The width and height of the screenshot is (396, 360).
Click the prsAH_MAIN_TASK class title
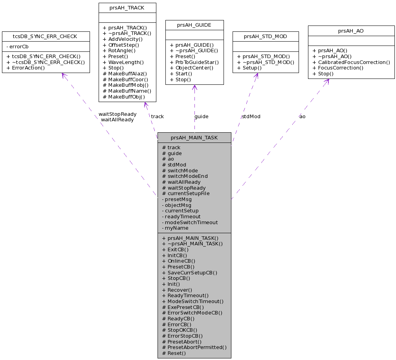pyautogui.click(x=194, y=138)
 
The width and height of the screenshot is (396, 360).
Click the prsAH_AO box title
pyautogui.click(x=351, y=30)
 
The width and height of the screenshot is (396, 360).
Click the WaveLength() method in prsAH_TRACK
pyautogui.click(x=123, y=62)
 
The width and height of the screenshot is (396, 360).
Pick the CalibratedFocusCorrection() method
pyautogui.click(x=351, y=62)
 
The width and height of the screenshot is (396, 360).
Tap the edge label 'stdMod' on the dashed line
pyautogui.click(x=251, y=116)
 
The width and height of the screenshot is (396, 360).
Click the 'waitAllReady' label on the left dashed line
pyautogui.click(x=117, y=119)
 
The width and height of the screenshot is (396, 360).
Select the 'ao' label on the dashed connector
pyautogui.click(x=302, y=116)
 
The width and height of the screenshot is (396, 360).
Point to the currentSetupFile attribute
pyautogui.click(x=186, y=193)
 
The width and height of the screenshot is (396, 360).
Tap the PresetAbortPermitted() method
pyautogui.click(x=194, y=347)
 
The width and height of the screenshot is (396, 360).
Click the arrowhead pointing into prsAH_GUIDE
pyautogui.click(x=194, y=87)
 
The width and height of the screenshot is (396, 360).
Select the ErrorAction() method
pyautogui.click(x=26, y=68)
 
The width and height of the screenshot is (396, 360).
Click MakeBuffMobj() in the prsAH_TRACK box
pyautogui.click(x=126, y=85)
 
